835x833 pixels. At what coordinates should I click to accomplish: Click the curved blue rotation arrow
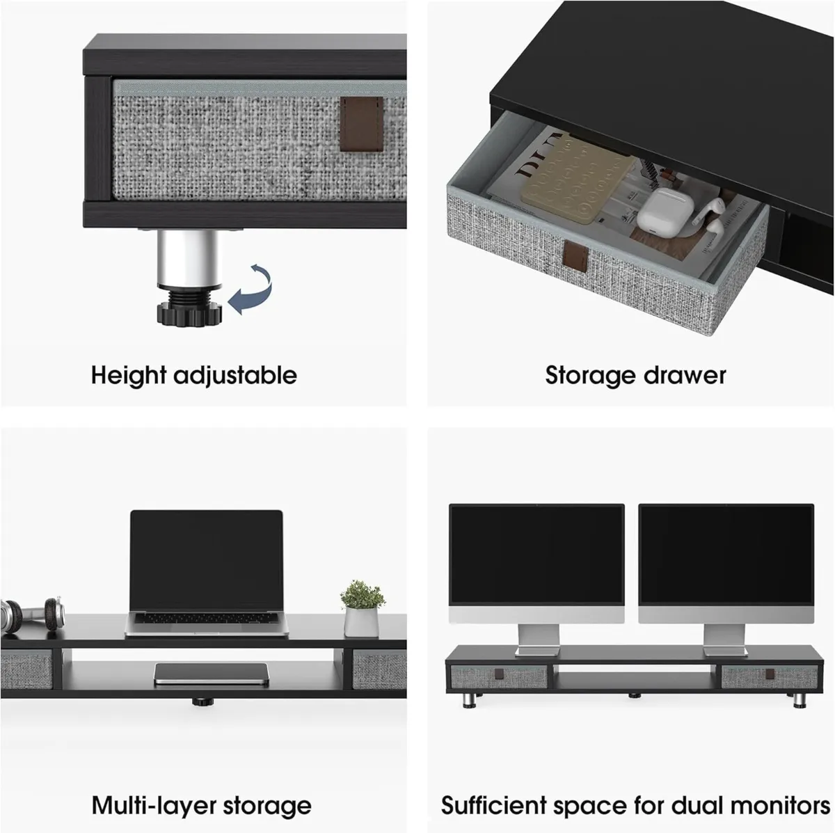pyautogui.click(x=252, y=292)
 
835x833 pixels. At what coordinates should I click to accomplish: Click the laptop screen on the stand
pyautogui.click(x=207, y=561)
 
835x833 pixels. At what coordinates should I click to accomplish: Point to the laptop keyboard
pyautogui.click(x=207, y=619)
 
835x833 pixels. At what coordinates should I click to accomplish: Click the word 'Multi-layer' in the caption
pyautogui.click(x=145, y=806)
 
